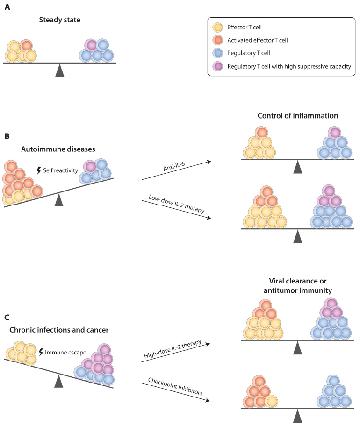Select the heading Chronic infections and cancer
point(58,331)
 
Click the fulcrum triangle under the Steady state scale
point(59,70)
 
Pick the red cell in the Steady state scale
point(27,46)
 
